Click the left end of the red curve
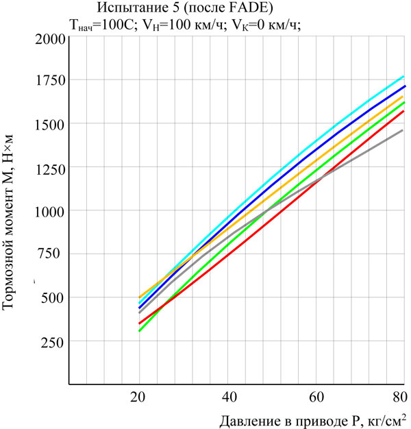point(139,323)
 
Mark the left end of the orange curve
point(139,297)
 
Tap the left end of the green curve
point(139,331)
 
